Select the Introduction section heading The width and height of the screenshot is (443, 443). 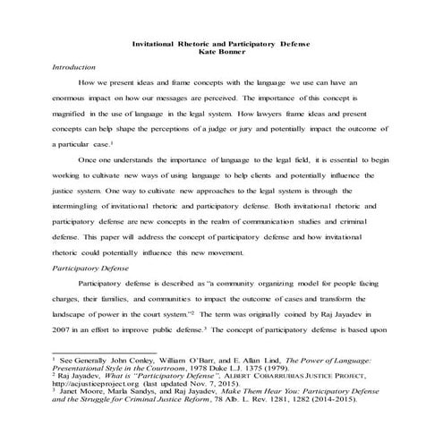[74, 67]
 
